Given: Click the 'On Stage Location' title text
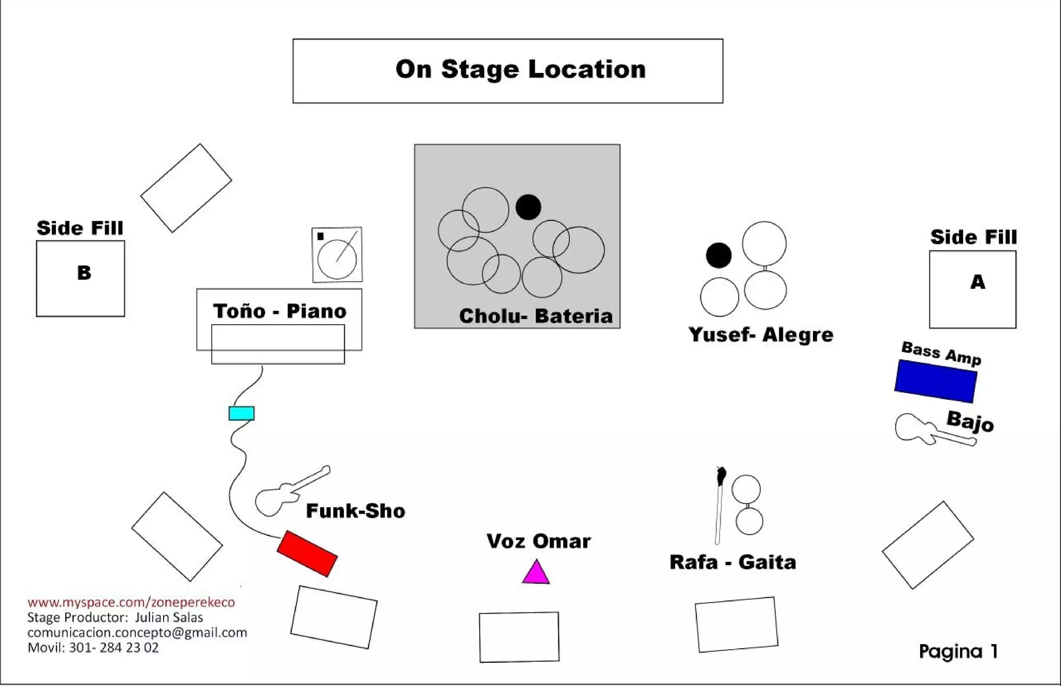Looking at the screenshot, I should pos(520,69).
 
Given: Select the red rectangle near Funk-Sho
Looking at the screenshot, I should pos(307,553).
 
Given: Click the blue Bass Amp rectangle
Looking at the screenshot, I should pos(936,381).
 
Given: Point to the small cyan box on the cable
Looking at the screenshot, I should pos(241,413).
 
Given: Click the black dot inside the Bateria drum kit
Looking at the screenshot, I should pos(528,207).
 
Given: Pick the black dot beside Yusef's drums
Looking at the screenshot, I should pos(719,255).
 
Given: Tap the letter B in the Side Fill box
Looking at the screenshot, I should pos(84,273).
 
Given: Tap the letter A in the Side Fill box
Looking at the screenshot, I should pos(978,282).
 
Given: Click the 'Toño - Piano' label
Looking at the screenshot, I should pos(280,311).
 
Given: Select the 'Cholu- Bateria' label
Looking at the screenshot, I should pos(536,316).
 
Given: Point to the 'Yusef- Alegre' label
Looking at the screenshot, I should pos(761,335).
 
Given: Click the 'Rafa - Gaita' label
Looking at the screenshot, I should pos(733,562).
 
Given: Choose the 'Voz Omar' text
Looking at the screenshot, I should pos(538,542).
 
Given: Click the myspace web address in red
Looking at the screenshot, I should pos(131,602).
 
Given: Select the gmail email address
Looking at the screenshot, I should pos(137,633).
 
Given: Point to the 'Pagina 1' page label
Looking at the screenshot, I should pos(958,651).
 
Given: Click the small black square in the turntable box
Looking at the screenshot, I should pos(320,237).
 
